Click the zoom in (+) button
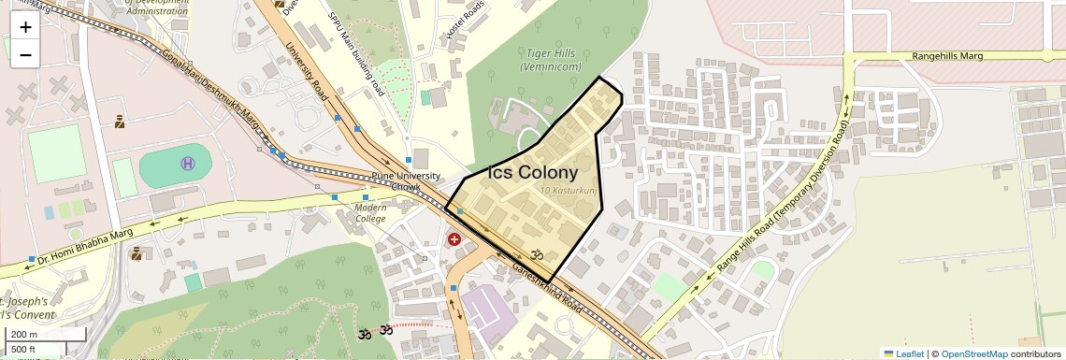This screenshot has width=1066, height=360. point(25,27)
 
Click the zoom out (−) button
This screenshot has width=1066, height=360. point(25,54)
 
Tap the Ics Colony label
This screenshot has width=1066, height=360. point(533,173)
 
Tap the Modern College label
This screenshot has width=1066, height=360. point(370,212)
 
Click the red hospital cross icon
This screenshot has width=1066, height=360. point(454,239)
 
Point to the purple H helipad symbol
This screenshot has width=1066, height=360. point(188,164)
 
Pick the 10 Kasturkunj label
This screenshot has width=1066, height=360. point(569,191)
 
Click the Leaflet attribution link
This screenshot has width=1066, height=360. point(903,353)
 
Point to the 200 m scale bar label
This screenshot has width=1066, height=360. point(23,335)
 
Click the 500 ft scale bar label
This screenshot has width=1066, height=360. point(22,350)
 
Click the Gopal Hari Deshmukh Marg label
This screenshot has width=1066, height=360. point(198,94)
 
